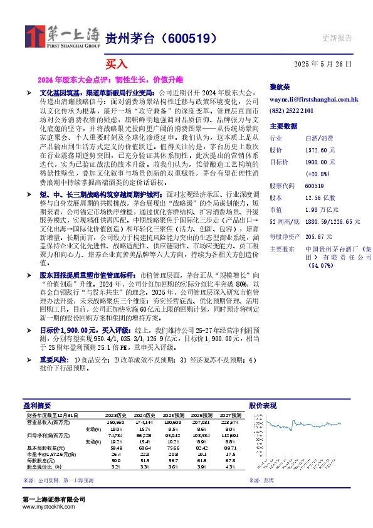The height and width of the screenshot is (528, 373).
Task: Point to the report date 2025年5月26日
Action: (x=322, y=64)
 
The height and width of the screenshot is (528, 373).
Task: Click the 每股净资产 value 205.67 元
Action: (x=318, y=236)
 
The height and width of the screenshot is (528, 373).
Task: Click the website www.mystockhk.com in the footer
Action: (x=45, y=507)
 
